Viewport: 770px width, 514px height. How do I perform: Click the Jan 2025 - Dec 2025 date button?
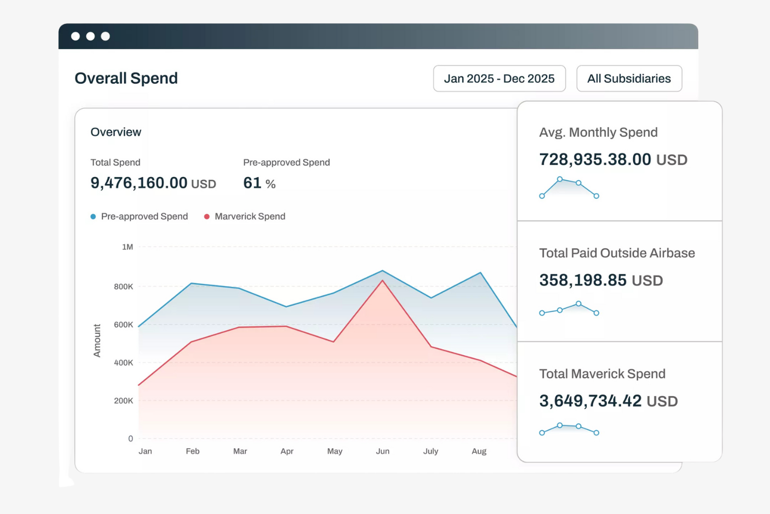(x=499, y=79)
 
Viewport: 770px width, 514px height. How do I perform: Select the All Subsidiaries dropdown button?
(x=628, y=79)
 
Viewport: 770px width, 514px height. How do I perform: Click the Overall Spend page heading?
(x=126, y=78)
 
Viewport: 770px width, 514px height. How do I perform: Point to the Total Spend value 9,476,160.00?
(x=139, y=183)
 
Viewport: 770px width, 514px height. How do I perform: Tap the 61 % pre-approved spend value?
(x=259, y=183)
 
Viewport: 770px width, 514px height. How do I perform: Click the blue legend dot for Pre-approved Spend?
(x=93, y=217)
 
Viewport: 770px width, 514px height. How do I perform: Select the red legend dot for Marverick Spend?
(x=207, y=217)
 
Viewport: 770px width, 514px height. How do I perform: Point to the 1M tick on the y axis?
(x=127, y=247)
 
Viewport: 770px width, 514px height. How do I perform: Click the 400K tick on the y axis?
(x=123, y=362)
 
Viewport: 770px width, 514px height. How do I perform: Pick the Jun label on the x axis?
(x=382, y=451)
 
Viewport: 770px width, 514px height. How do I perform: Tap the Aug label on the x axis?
(x=479, y=451)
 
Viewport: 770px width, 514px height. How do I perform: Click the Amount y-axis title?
(x=97, y=341)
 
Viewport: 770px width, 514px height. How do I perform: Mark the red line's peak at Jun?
(x=382, y=281)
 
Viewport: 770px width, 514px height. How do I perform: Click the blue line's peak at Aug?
(x=480, y=272)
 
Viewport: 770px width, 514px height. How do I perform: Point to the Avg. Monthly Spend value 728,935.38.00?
(x=595, y=159)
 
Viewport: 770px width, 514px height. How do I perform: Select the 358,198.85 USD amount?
(x=601, y=280)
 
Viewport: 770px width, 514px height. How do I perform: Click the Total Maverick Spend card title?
(x=602, y=374)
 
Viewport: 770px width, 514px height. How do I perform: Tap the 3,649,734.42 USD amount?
(x=608, y=401)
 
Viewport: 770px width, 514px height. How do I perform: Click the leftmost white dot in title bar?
(x=75, y=36)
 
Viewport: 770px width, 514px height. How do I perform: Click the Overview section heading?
(x=115, y=132)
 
